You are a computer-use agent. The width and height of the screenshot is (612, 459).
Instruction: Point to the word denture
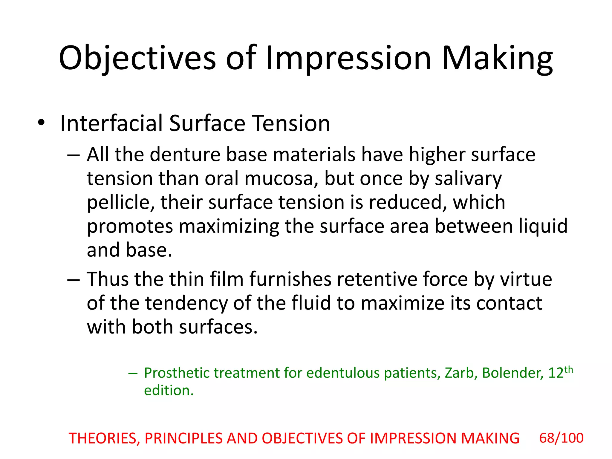(x=185, y=155)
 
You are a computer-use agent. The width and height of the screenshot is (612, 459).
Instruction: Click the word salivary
(x=468, y=179)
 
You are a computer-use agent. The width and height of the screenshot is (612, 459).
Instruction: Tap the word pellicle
(x=121, y=203)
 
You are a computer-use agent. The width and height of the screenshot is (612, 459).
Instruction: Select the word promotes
(x=130, y=227)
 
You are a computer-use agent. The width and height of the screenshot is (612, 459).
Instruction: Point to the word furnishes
(x=290, y=279)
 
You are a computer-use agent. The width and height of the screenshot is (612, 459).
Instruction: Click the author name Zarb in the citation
(x=461, y=373)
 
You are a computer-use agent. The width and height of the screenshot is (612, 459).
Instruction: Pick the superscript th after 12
(x=569, y=370)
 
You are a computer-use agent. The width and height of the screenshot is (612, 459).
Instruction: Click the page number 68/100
(x=561, y=438)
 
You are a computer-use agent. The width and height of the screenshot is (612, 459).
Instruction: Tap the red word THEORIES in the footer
(x=104, y=439)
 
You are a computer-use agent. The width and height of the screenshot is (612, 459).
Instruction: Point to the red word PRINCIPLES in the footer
(x=183, y=439)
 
